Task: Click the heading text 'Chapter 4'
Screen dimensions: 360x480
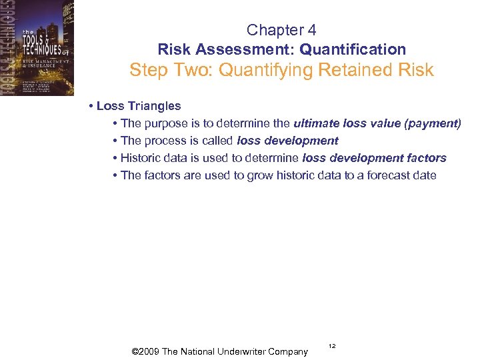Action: (x=281, y=30)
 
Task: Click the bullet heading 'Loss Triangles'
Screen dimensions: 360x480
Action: (x=139, y=106)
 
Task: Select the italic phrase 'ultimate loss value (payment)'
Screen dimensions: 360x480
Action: (x=377, y=123)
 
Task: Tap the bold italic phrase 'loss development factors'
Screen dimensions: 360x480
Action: (x=374, y=158)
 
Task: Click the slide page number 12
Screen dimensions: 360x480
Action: (x=332, y=346)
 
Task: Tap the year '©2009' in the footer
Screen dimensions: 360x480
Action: (x=145, y=351)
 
